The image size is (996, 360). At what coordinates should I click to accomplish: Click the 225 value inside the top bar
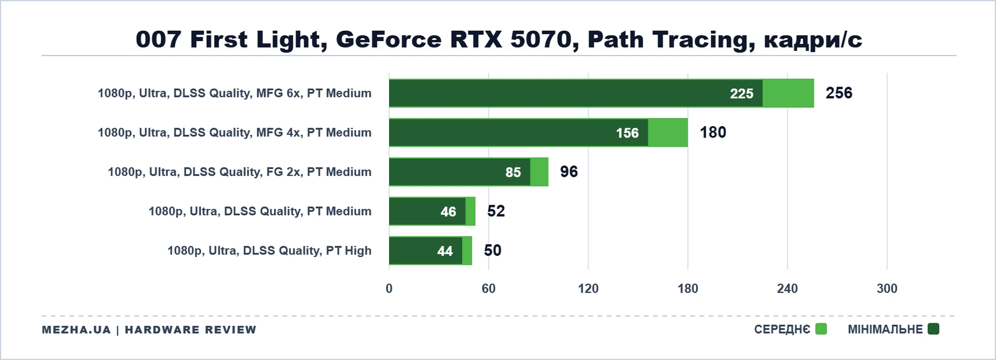(x=741, y=93)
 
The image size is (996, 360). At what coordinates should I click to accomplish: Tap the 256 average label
(x=839, y=93)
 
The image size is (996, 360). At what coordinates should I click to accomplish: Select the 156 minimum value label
(x=627, y=133)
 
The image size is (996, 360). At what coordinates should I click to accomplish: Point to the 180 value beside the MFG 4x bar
(x=713, y=132)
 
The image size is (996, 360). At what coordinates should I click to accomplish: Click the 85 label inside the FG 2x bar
(x=513, y=172)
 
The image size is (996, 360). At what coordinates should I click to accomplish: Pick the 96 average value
(x=569, y=172)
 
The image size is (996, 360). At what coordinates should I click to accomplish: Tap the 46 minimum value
(x=448, y=212)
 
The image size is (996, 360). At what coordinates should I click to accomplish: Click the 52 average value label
(x=496, y=211)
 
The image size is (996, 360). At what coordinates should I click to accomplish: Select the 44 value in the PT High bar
(x=445, y=251)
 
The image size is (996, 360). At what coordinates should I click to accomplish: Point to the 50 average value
(x=493, y=251)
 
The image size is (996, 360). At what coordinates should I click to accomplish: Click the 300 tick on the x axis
(x=887, y=288)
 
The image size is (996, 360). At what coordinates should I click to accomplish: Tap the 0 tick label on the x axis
(x=389, y=288)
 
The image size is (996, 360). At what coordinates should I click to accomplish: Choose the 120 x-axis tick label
(x=588, y=288)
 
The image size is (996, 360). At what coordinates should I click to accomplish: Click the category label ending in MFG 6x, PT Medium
(x=234, y=93)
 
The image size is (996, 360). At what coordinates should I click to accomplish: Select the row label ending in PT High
(x=269, y=251)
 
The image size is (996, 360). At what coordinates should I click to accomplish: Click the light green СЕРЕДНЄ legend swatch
(x=821, y=329)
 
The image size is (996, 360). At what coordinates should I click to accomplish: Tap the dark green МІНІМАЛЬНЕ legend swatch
(x=933, y=329)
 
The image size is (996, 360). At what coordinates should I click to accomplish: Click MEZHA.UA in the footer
(x=76, y=330)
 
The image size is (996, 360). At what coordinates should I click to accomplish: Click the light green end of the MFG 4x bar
(x=668, y=132)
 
